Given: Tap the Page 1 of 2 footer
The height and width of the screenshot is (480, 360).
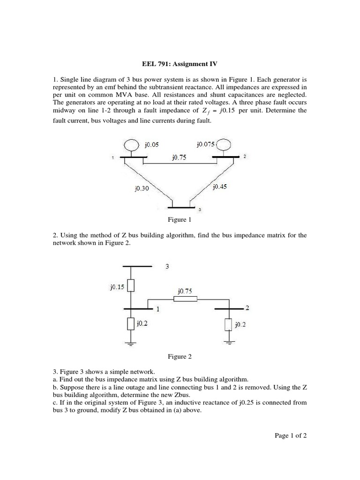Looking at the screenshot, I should pos(291,435).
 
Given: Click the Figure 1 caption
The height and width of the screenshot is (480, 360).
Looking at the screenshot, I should pos(180,219).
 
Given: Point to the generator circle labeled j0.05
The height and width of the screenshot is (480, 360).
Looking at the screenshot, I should pos(130,146).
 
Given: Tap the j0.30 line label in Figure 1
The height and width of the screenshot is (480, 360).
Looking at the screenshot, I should pos(141,189).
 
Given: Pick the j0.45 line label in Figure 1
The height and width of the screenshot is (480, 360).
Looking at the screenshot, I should pos(219,187).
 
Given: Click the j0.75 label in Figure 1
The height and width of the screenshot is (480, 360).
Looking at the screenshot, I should pos(179,158).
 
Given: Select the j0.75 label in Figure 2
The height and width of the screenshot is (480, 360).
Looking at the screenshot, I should pos(184,291).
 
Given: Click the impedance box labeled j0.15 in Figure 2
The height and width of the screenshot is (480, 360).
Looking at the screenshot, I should pos(132,286).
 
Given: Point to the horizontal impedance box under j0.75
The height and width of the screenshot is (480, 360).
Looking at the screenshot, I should pos(185,299).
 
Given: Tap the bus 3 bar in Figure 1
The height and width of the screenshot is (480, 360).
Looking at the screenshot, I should pos(181,207).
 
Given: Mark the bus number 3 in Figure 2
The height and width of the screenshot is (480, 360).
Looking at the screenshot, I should pos(167,267).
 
